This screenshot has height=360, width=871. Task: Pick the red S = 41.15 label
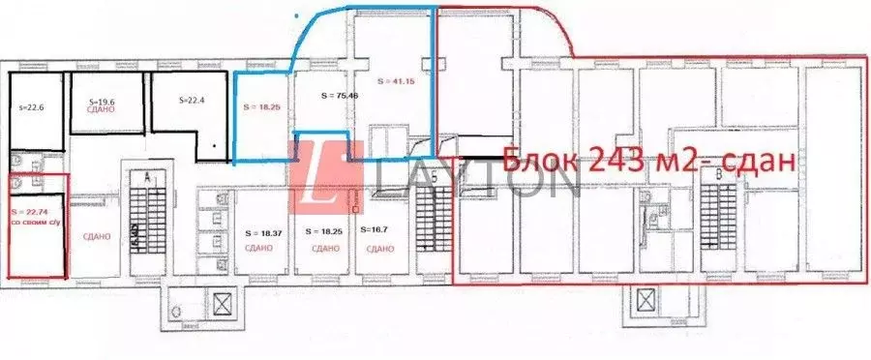tap(394, 80)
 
